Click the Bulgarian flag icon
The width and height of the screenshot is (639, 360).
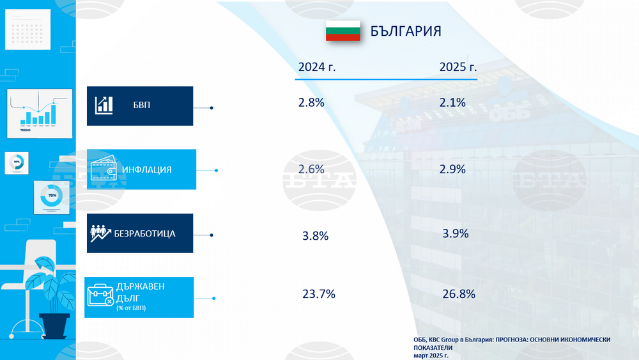coord(343,31)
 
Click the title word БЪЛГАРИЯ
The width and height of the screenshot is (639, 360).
coord(406,31)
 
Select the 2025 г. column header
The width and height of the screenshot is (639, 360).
coord(458,67)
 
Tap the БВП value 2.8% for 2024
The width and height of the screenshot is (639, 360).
coord(311,102)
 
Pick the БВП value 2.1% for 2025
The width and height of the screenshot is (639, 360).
coord(452,102)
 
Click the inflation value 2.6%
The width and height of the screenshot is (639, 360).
coord(311,169)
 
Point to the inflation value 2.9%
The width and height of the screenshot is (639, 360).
coord(452,169)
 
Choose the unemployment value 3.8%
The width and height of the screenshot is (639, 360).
coord(315,236)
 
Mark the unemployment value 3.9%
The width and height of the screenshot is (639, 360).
coord(455,233)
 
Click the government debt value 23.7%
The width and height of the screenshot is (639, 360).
coord(318,294)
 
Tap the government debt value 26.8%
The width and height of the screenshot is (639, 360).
coord(458,294)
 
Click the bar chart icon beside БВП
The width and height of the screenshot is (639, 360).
coord(104,106)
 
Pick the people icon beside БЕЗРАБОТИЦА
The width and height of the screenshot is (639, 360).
coord(101,233)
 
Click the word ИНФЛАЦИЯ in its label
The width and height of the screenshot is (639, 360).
coord(148,169)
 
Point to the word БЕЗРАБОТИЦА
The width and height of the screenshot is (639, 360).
coord(144,233)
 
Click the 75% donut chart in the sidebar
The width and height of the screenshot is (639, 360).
coord(52,196)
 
